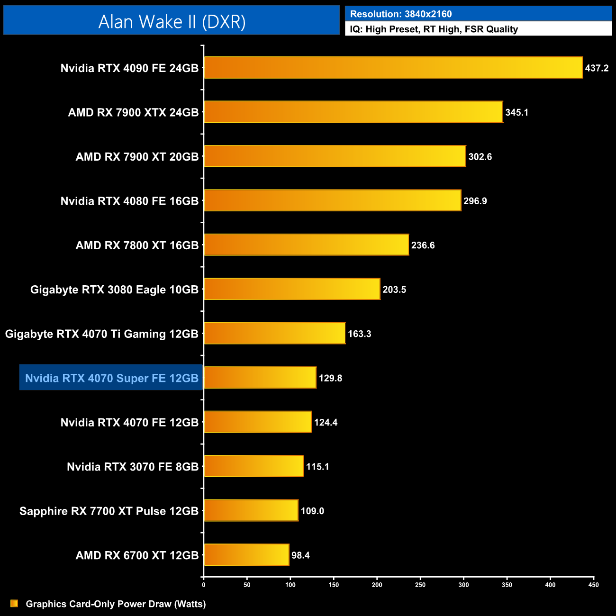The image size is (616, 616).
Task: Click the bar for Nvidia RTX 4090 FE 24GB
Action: [393, 68]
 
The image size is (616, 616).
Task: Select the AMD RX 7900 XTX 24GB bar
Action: [353, 112]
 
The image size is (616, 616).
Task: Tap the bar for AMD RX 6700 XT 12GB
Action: [246, 555]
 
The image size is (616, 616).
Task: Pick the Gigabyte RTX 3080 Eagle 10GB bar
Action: [292, 289]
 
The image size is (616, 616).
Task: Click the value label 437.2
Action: [597, 68]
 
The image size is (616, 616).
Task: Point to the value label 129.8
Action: [330, 378]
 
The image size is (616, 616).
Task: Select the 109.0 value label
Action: [312, 511]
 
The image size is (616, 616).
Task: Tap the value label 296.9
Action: [475, 201]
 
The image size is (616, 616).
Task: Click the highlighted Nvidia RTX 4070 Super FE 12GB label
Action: [112, 378]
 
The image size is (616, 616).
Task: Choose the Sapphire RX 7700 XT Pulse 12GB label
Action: [109, 511]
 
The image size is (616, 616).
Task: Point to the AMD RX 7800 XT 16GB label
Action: [137, 245]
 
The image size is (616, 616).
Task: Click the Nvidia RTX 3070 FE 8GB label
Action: [133, 467]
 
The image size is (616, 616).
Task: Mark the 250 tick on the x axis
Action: [420, 585]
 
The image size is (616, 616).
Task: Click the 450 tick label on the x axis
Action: [593, 585]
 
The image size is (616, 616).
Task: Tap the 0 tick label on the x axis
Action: [204, 585]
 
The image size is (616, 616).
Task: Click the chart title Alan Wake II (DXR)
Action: [172, 21]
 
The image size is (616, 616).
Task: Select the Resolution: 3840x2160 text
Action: [401, 14]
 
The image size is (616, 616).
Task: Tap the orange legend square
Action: [14, 604]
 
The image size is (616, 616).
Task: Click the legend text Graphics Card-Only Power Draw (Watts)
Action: [116, 604]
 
